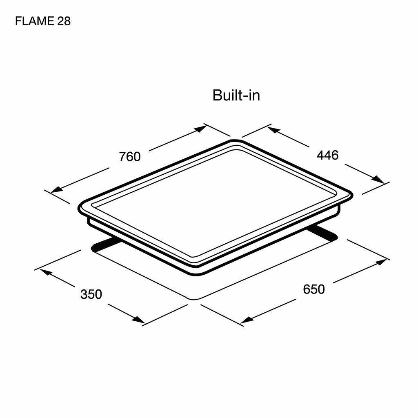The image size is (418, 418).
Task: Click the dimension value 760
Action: [129, 156]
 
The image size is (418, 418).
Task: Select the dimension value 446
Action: [328, 155]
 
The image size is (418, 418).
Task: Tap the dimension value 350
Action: [91, 294]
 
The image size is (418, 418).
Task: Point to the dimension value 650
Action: [314, 289]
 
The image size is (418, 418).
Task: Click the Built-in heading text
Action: [236, 95]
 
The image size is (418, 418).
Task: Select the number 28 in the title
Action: [64, 21]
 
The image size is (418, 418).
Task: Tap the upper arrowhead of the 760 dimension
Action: [200, 129]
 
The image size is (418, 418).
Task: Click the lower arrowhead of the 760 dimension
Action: [57, 189]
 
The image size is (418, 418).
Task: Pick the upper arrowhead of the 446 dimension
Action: [274, 130]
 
